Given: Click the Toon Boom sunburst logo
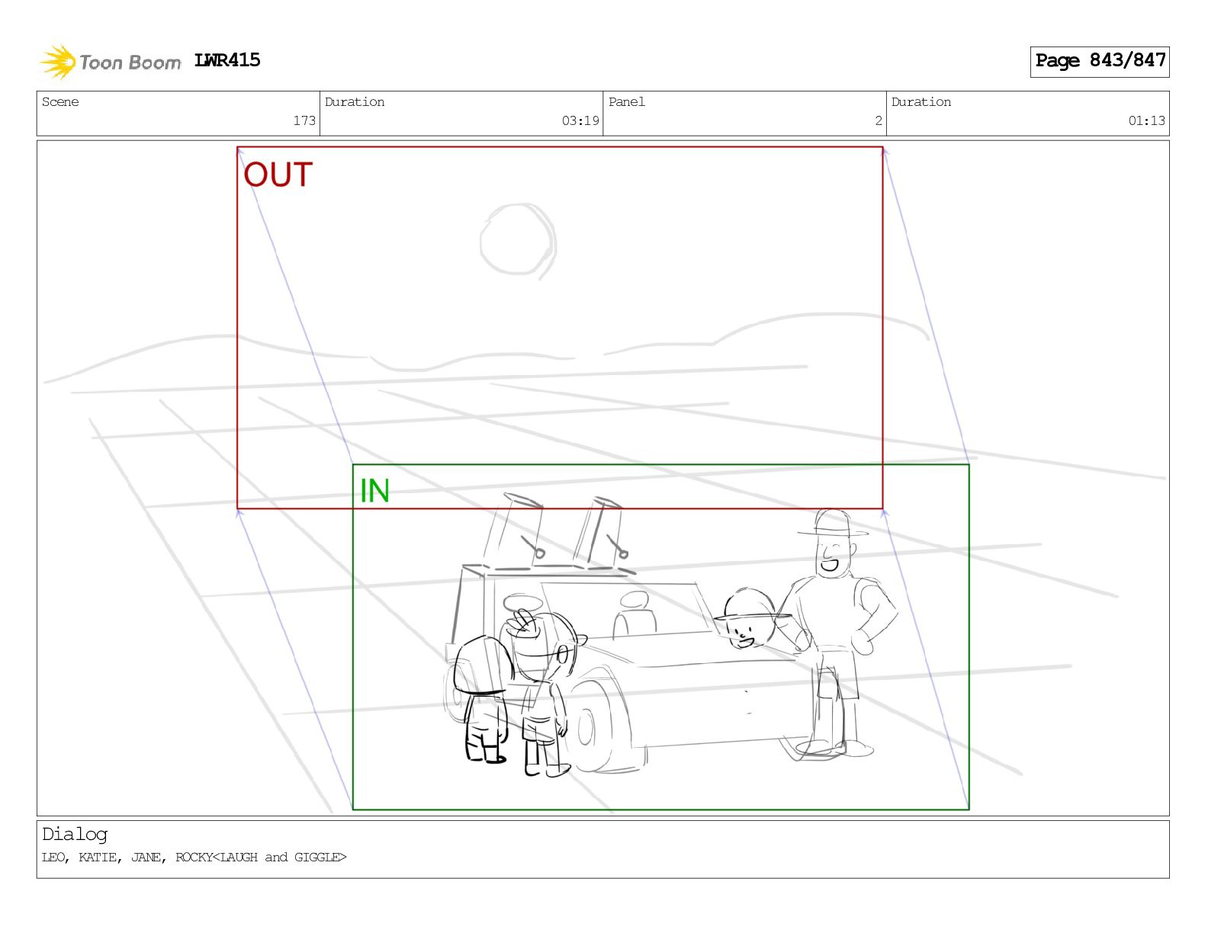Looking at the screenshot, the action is click(x=58, y=62).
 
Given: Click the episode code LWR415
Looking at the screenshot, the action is click(x=226, y=60).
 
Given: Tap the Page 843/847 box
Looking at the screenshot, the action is click(x=1099, y=62).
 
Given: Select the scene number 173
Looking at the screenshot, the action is click(x=304, y=120).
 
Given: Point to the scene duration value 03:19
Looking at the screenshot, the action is click(x=580, y=120).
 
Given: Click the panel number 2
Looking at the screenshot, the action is click(x=879, y=120).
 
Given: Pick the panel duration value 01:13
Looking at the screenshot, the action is click(x=1146, y=120).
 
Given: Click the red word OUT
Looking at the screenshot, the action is click(x=278, y=175).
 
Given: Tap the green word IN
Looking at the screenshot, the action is click(x=374, y=491).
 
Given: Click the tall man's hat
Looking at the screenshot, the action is click(x=832, y=524).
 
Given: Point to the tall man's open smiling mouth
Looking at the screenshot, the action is click(x=830, y=565).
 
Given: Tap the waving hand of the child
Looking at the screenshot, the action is click(x=524, y=622).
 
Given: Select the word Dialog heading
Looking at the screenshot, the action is click(x=75, y=834).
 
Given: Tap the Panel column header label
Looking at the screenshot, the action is click(x=627, y=101).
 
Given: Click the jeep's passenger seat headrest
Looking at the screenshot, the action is click(x=635, y=600).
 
